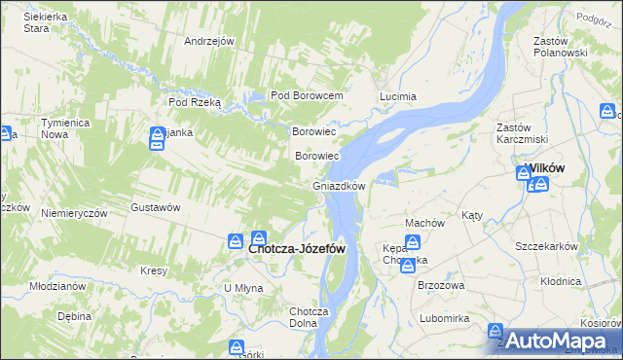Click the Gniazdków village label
[338, 186]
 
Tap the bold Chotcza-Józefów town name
[297, 248]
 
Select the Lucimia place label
[397, 96]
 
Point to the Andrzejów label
[210, 41]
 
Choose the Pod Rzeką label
[195, 101]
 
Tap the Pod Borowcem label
[307, 95]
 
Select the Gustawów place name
[156, 207]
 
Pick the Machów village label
[424, 223]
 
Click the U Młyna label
[242, 288]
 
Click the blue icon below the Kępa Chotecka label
[408, 265]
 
